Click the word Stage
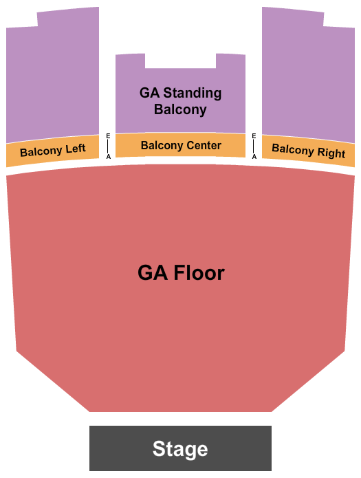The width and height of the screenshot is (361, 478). (x=180, y=448)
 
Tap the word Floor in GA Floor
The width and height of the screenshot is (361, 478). (x=199, y=272)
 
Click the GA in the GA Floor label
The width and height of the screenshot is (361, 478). (x=153, y=272)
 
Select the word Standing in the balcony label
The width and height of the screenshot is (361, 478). (x=193, y=93)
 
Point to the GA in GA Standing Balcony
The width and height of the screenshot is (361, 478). (x=149, y=93)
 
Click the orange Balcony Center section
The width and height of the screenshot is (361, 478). (x=180, y=145)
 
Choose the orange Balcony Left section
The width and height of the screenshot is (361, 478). (x=52, y=151)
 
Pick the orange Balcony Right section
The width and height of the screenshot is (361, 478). (x=308, y=151)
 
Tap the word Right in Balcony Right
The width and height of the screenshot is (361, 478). (x=331, y=153)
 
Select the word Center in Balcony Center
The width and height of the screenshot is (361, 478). (x=204, y=145)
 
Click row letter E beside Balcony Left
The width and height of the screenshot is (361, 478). (x=108, y=136)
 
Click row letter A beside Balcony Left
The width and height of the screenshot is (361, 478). (x=108, y=157)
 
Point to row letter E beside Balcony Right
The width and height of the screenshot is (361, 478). (x=254, y=136)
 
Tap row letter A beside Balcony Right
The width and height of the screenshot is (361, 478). (x=254, y=157)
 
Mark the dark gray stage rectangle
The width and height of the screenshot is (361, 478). (x=180, y=448)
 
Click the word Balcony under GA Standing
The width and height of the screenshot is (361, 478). (x=180, y=109)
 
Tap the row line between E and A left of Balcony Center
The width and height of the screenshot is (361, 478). (x=108, y=146)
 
